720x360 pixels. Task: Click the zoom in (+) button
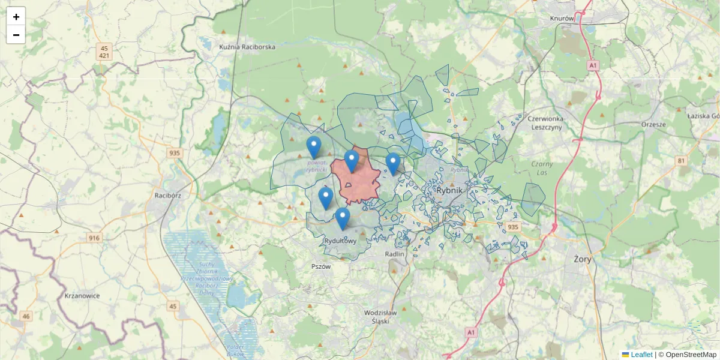[x=16, y=17]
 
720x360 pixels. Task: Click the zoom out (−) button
[x=16, y=35]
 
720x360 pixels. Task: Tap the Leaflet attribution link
[x=641, y=355]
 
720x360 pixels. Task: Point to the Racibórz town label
[x=167, y=195]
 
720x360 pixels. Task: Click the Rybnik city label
[x=451, y=190]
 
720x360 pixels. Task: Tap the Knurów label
[x=562, y=18]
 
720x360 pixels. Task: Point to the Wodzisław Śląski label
[x=380, y=316]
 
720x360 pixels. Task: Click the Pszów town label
[x=321, y=266]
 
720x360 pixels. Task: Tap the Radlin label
[x=394, y=253]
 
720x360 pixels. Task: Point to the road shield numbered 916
[x=94, y=238]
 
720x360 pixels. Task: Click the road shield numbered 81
[x=681, y=160]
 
